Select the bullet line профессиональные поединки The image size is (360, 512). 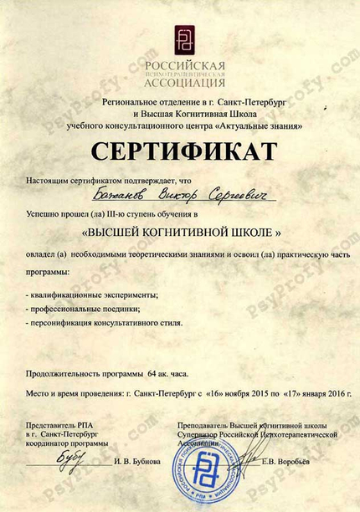coord(83,307)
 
